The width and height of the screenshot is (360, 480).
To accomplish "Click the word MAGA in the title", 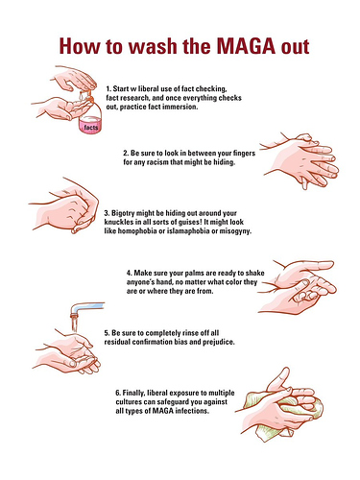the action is coord(246,46).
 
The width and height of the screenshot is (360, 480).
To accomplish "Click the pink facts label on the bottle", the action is coord(91,128).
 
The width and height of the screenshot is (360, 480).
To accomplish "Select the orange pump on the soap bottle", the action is coord(90,95).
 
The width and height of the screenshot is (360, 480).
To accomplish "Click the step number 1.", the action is coord(108,88).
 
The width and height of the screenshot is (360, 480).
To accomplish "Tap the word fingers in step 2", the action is coord(244,154).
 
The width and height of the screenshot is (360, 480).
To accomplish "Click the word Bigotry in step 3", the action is coord(123,213).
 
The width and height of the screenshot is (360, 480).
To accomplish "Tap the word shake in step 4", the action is coord(255,273).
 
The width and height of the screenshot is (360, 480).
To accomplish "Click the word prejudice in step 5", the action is coord(219,342).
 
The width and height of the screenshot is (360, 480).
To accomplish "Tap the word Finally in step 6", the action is coord(134,393).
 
